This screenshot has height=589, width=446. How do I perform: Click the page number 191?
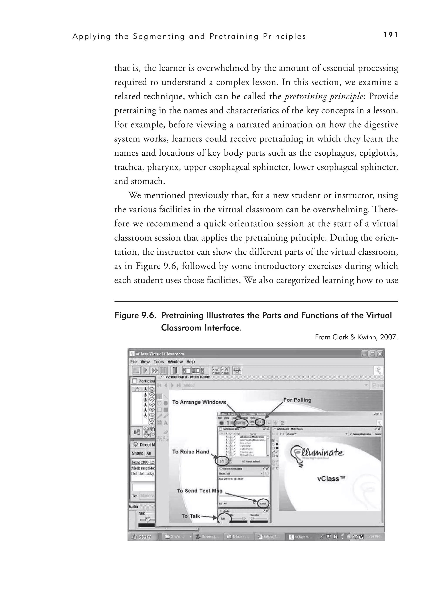click(x=391, y=35)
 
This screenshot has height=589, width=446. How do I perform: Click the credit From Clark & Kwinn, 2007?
click(x=356, y=337)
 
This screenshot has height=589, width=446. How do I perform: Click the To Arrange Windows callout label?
click(x=199, y=402)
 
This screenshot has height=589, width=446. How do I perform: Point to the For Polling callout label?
click(x=297, y=400)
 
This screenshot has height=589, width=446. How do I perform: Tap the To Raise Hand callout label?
click(x=191, y=452)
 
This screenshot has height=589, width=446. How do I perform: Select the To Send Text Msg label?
click(x=199, y=491)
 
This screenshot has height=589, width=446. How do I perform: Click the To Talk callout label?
click(x=191, y=516)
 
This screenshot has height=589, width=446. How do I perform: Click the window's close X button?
click(x=380, y=354)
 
